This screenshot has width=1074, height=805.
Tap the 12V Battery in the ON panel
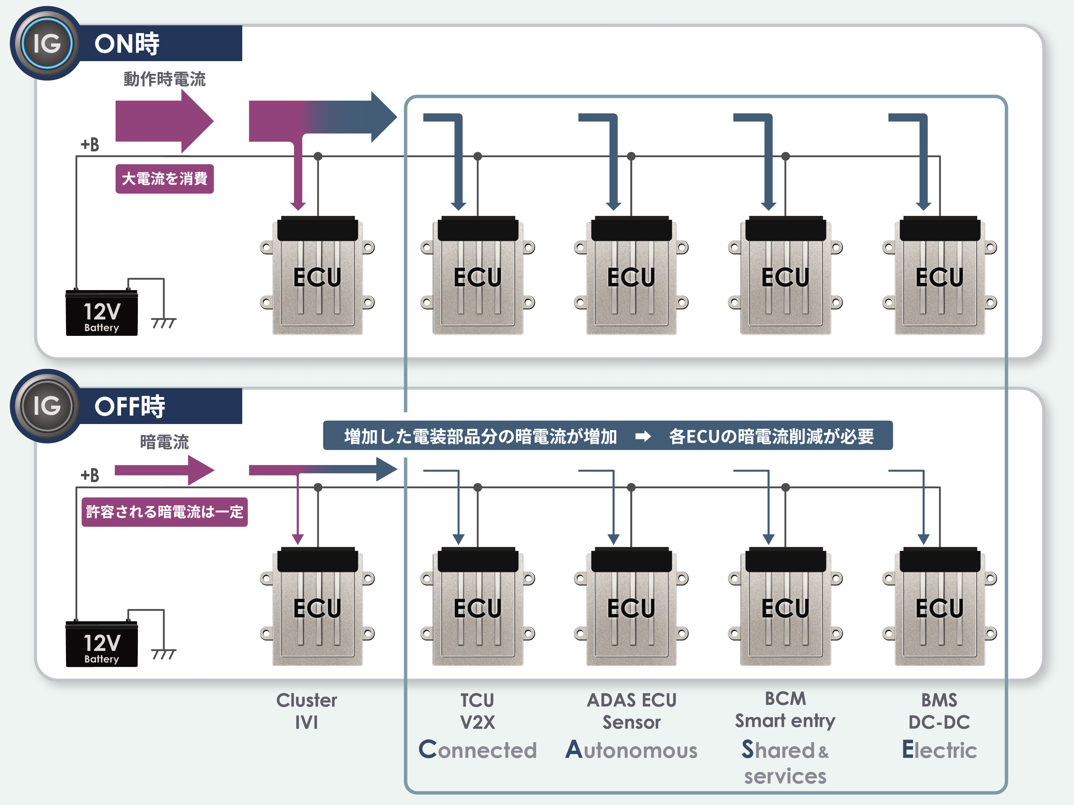point(102,313)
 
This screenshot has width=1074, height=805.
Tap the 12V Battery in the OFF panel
point(102,644)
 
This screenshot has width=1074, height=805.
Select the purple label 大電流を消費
point(164,179)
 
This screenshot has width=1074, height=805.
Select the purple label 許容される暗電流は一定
point(164,512)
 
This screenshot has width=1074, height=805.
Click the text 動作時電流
point(164,79)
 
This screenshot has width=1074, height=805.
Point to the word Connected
point(478,750)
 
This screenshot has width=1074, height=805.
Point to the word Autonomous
point(631,750)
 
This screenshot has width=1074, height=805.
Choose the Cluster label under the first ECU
point(306,700)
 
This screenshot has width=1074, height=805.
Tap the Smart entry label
point(785,721)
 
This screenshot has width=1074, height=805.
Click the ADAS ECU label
point(631,700)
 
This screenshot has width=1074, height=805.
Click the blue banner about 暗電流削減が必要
point(607,436)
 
